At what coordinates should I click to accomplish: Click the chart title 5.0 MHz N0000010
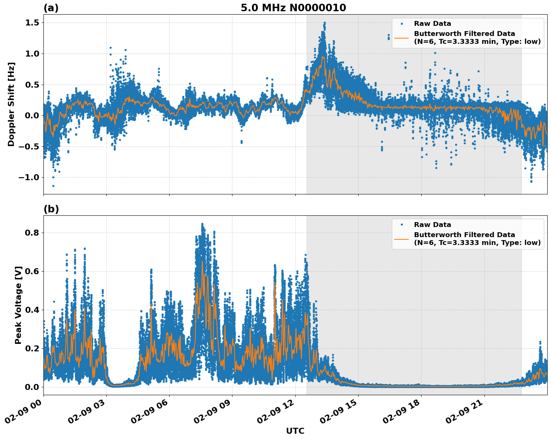[293, 8]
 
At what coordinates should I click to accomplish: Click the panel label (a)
[51, 8]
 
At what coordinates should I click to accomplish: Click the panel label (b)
[51, 209]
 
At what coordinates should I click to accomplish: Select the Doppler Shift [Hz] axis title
[11, 104]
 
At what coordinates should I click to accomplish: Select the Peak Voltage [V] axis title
[18, 305]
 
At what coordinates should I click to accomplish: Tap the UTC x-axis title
[295, 431]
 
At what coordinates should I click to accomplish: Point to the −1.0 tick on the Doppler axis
[30, 177]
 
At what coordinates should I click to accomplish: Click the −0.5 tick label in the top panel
[30, 146]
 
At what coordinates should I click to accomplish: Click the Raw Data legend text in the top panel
[432, 24]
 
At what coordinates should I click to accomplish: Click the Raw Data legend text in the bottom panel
[432, 225]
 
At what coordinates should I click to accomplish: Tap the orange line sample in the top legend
[402, 38]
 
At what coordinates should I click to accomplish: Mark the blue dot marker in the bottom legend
[402, 225]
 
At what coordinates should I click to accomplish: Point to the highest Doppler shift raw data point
[325, 23]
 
